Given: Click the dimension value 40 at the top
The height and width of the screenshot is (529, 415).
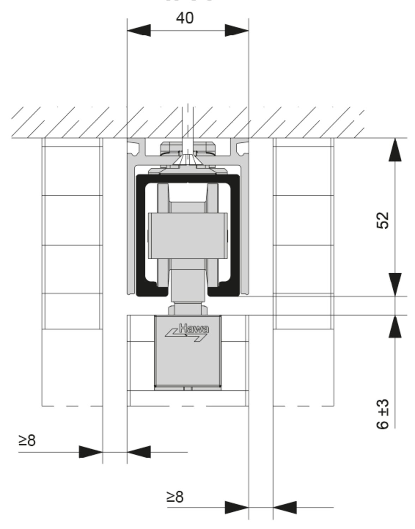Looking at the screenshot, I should click(x=185, y=18).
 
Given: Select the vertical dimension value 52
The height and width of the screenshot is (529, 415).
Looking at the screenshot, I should click(x=383, y=220).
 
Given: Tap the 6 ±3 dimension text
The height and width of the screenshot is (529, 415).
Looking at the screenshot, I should click(x=383, y=414).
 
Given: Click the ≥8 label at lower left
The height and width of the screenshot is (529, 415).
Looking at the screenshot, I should click(x=27, y=440).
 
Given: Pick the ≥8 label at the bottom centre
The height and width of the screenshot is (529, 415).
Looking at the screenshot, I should click(x=175, y=497).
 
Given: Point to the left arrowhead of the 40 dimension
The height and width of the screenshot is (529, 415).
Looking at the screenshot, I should click(x=139, y=30).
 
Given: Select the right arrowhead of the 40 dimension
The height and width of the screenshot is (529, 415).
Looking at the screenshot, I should click(x=237, y=30).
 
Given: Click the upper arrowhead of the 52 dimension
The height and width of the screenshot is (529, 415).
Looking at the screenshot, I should click(x=395, y=150).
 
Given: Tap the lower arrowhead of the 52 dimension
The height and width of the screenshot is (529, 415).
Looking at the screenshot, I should click(x=395, y=284).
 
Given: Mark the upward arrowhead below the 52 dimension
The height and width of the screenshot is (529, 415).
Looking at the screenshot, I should click(x=395, y=327).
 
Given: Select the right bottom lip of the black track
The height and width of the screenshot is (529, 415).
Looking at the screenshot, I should click(x=224, y=292).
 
